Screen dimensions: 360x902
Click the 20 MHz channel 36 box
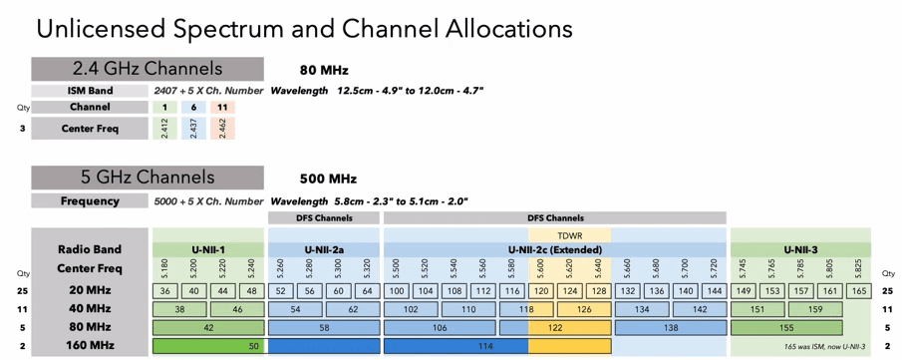pyautogui.click(x=165, y=291)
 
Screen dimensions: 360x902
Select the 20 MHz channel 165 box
pyautogui.click(x=859, y=291)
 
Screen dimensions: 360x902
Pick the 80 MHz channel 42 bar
pyautogui.click(x=209, y=327)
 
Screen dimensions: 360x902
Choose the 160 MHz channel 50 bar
pyautogui.click(x=209, y=346)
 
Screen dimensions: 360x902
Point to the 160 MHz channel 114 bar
pyautogui.click(x=485, y=346)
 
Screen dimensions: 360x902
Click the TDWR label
pyautogui.click(x=570, y=235)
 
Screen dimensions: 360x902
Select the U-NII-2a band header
pyautogui.click(x=324, y=250)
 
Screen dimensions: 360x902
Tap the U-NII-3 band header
pyautogui.click(x=800, y=250)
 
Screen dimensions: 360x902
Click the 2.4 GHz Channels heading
pyautogui.click(x=148, y=69)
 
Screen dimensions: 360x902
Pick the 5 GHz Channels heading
pyautogui.click(x=148, y=178)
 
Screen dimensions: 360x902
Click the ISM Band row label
pyautogui.click(x=90, y=91)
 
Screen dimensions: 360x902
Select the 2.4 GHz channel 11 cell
pyautogui.click(x=222, y=108)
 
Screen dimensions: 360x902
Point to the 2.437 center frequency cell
pyautogui.click(x=194, y=128)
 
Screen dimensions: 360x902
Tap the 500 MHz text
pyautogui.click(x=328, y=180)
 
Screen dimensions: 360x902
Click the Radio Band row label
pyautogui.click(x=90, y=250)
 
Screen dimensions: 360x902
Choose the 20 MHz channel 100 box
pyautogui.click(x=398, y=291)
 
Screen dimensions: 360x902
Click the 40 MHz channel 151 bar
pyautogui.click(x=757, y=309)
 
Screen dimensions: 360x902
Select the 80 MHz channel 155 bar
pyautogui.click(x=786, y=327)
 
